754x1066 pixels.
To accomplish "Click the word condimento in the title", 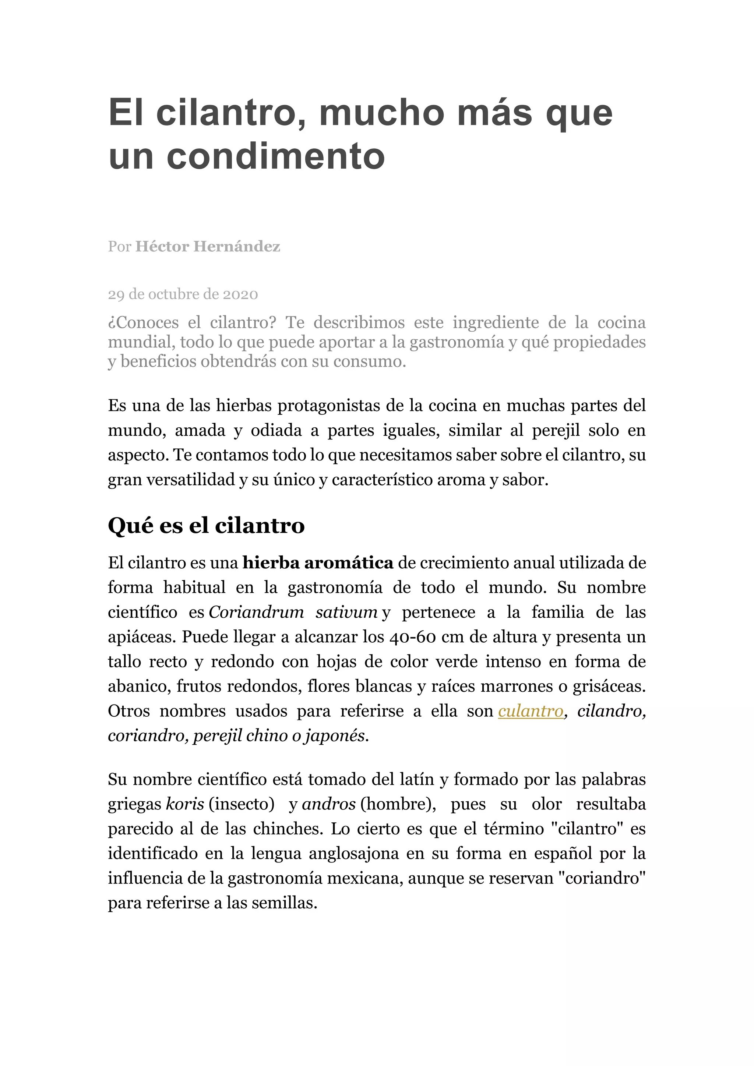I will [x=276, y=156].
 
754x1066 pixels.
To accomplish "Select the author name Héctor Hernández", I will [x=208, y=246].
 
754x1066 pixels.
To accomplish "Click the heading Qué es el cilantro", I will [x=206, y=526].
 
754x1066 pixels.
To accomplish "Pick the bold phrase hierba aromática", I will [x=318, y=563].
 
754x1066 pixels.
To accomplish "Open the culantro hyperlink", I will [x=531, y=711].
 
